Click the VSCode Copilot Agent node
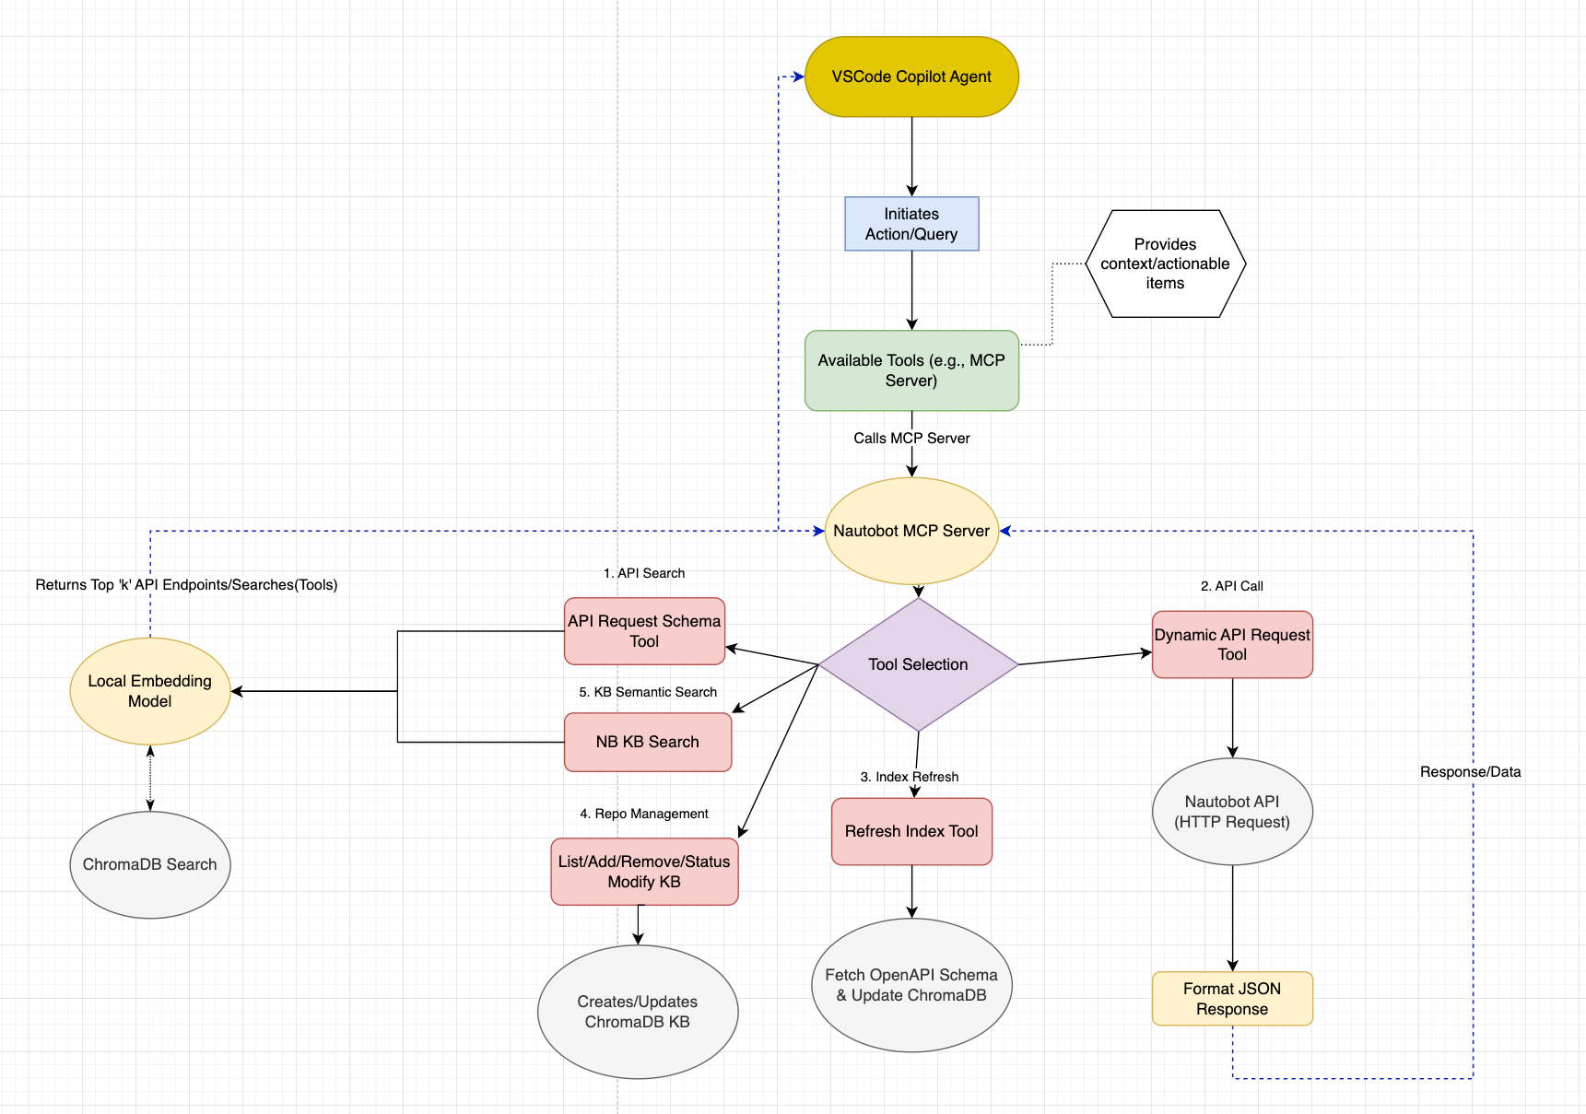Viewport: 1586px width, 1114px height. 911,76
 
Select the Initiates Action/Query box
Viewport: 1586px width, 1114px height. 911,224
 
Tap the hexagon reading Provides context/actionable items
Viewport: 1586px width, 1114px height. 1165,264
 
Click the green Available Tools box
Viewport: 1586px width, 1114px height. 911,370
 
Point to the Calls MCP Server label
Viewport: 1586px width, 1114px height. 911,439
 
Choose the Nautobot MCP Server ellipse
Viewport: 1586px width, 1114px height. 911,531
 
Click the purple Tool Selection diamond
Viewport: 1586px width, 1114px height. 918,664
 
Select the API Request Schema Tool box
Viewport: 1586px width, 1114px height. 644,631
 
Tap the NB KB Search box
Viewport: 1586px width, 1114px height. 647,742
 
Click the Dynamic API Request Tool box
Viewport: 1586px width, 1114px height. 1232,645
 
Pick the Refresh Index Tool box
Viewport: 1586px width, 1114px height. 911,831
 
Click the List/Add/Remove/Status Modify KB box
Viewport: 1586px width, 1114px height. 644,872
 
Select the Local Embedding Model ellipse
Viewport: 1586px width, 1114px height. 150,691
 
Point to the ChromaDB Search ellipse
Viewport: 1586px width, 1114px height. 150,864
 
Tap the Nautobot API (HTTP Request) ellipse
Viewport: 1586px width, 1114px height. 1232,812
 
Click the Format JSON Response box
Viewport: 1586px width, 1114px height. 1232,999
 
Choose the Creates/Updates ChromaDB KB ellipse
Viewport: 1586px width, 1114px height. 638,1012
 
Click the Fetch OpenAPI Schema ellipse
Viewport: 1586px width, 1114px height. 911,985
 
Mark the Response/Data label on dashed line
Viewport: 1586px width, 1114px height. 1470,772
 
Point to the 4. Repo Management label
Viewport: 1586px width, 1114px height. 644,814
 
